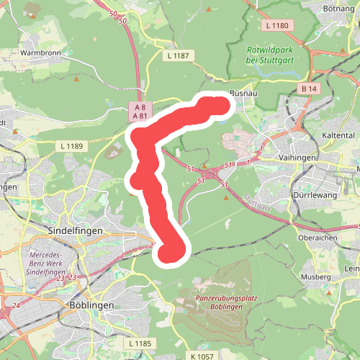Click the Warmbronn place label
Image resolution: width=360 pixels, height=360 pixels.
40,53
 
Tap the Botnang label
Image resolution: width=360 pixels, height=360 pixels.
341,9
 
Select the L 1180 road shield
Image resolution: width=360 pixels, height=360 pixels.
276,26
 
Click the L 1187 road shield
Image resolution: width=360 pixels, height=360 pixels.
178,55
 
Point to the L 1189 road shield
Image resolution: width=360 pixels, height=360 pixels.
71,145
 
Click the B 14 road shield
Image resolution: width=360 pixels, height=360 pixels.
309,88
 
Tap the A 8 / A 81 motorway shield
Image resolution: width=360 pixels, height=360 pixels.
140,111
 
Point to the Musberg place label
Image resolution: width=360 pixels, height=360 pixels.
316,276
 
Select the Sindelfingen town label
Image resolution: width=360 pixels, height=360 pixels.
76,230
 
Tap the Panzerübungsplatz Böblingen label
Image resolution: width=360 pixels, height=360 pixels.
219,302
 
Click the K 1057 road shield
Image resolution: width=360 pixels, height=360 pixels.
204,356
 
